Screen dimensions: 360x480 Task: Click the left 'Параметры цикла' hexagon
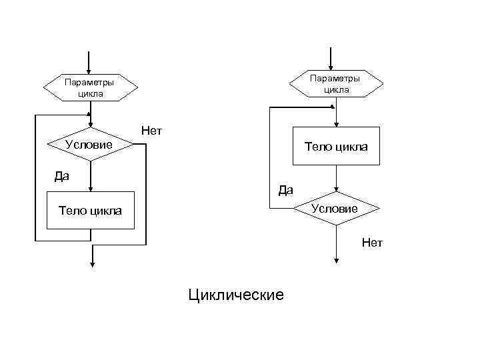click(90, 87)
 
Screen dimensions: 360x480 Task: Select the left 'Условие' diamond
click(89, 144)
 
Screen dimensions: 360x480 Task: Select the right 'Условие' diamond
click(338, 209)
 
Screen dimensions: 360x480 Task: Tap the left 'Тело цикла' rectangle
click(90, 211)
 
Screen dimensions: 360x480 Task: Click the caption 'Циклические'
click(236, 294)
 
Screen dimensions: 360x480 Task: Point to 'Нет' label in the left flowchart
click(151, 131)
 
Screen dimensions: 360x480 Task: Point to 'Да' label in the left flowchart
click(62, 177)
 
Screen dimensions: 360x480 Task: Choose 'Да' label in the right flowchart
click(285, 190)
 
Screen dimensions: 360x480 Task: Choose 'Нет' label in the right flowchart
click(372, 243)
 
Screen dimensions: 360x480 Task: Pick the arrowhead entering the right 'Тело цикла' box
click(338, 123)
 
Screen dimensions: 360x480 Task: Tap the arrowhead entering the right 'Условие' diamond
click(338, 188)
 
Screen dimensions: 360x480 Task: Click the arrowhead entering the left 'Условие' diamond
click(89, 124)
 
